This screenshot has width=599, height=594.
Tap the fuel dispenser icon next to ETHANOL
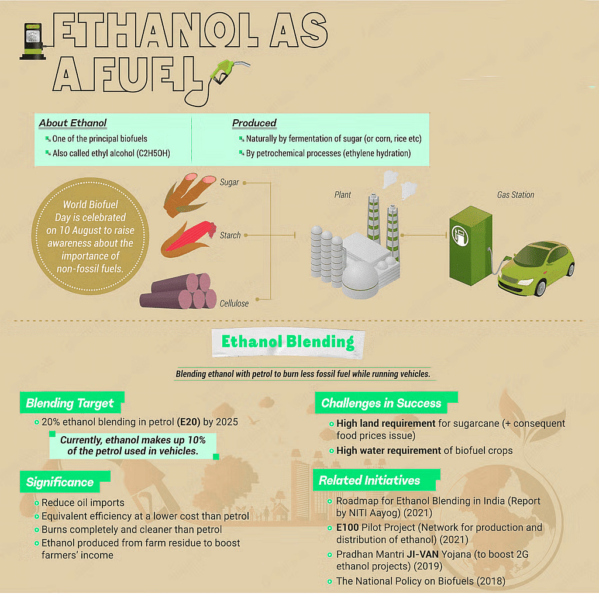pyautogui.click(x=33, y=42)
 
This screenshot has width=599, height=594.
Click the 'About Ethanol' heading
pyautogui.click(x=73, y=123)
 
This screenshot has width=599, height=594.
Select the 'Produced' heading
pyautogui.click(x=254, y=123)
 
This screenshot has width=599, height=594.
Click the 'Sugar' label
pyautogui.click(x=229, y=182)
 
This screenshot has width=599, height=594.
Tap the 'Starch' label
pyautogui.click(x=230, y=235)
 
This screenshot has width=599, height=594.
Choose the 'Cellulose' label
pyautogui.click(x=234, y=303)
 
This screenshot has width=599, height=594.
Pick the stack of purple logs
pyautogui.click(x=178, y=291)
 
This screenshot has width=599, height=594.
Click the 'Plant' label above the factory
pyautogui.click(x=342, y=195)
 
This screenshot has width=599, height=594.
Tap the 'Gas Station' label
pyautogui.click(x=515, y=195)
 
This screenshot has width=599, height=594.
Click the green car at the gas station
pyautogui.click(x=536, y=268)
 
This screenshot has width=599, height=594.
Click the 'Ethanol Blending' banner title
pyautogui.click(x=288, y=342)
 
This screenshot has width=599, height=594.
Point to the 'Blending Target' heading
pyautogui.click(x=70, y=403)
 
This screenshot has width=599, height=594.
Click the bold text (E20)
pyautogui.click(x=188, y=422)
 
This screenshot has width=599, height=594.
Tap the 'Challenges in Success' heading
pyautogui.click(x=381, y=403)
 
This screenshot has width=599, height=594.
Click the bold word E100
pyautogui.click(x=347, y=527)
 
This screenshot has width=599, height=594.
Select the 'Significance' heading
pyautogui.click(x=60, y=482)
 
